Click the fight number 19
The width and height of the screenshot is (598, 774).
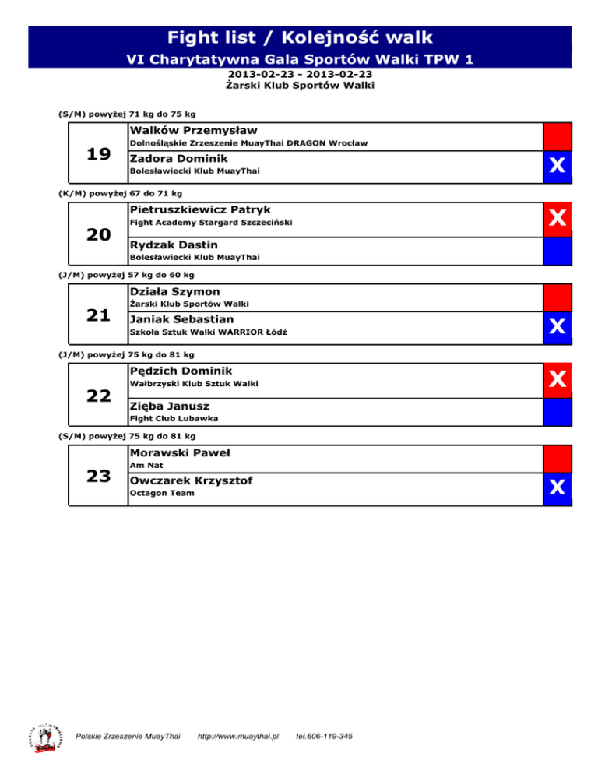[98, 154]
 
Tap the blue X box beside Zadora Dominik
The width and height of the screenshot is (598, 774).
[557, 166]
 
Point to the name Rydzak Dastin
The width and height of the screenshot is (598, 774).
[174, 245]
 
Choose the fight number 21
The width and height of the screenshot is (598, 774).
[98, 315]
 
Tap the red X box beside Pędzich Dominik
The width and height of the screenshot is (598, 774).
[557, 378]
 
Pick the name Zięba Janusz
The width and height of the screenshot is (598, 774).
[170, 406]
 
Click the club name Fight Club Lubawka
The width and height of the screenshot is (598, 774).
[173, 419]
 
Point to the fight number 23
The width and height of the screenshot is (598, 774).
[98, 476]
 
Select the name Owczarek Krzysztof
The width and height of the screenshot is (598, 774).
[191, 480]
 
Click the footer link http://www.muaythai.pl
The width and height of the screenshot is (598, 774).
[239, 736]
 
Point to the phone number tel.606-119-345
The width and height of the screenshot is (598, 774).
[325, 736]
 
